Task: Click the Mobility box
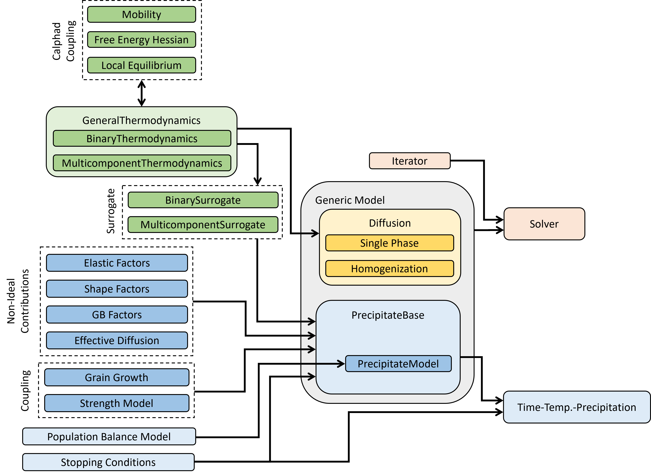141,14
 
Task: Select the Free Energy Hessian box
141,40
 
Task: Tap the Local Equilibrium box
141,65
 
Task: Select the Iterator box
409,161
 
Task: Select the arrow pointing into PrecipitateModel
323,364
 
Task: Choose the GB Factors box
117,315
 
